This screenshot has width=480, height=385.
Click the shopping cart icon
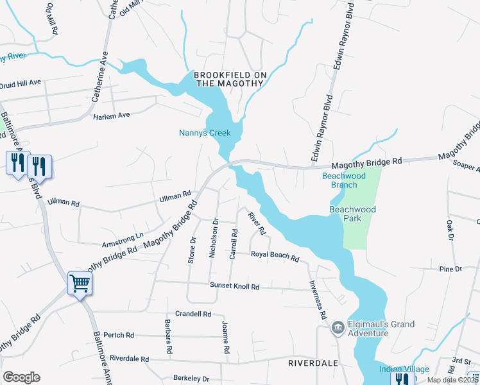(x=80, y=282)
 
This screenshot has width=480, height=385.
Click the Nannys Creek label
(x=203, y=133)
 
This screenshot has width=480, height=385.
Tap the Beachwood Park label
(x=352, y=214)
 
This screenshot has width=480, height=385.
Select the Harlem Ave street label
(x=112, y=115)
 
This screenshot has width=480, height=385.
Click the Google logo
(x=21, y=377)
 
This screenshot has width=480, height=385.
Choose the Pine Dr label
(x=450, y=269)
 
